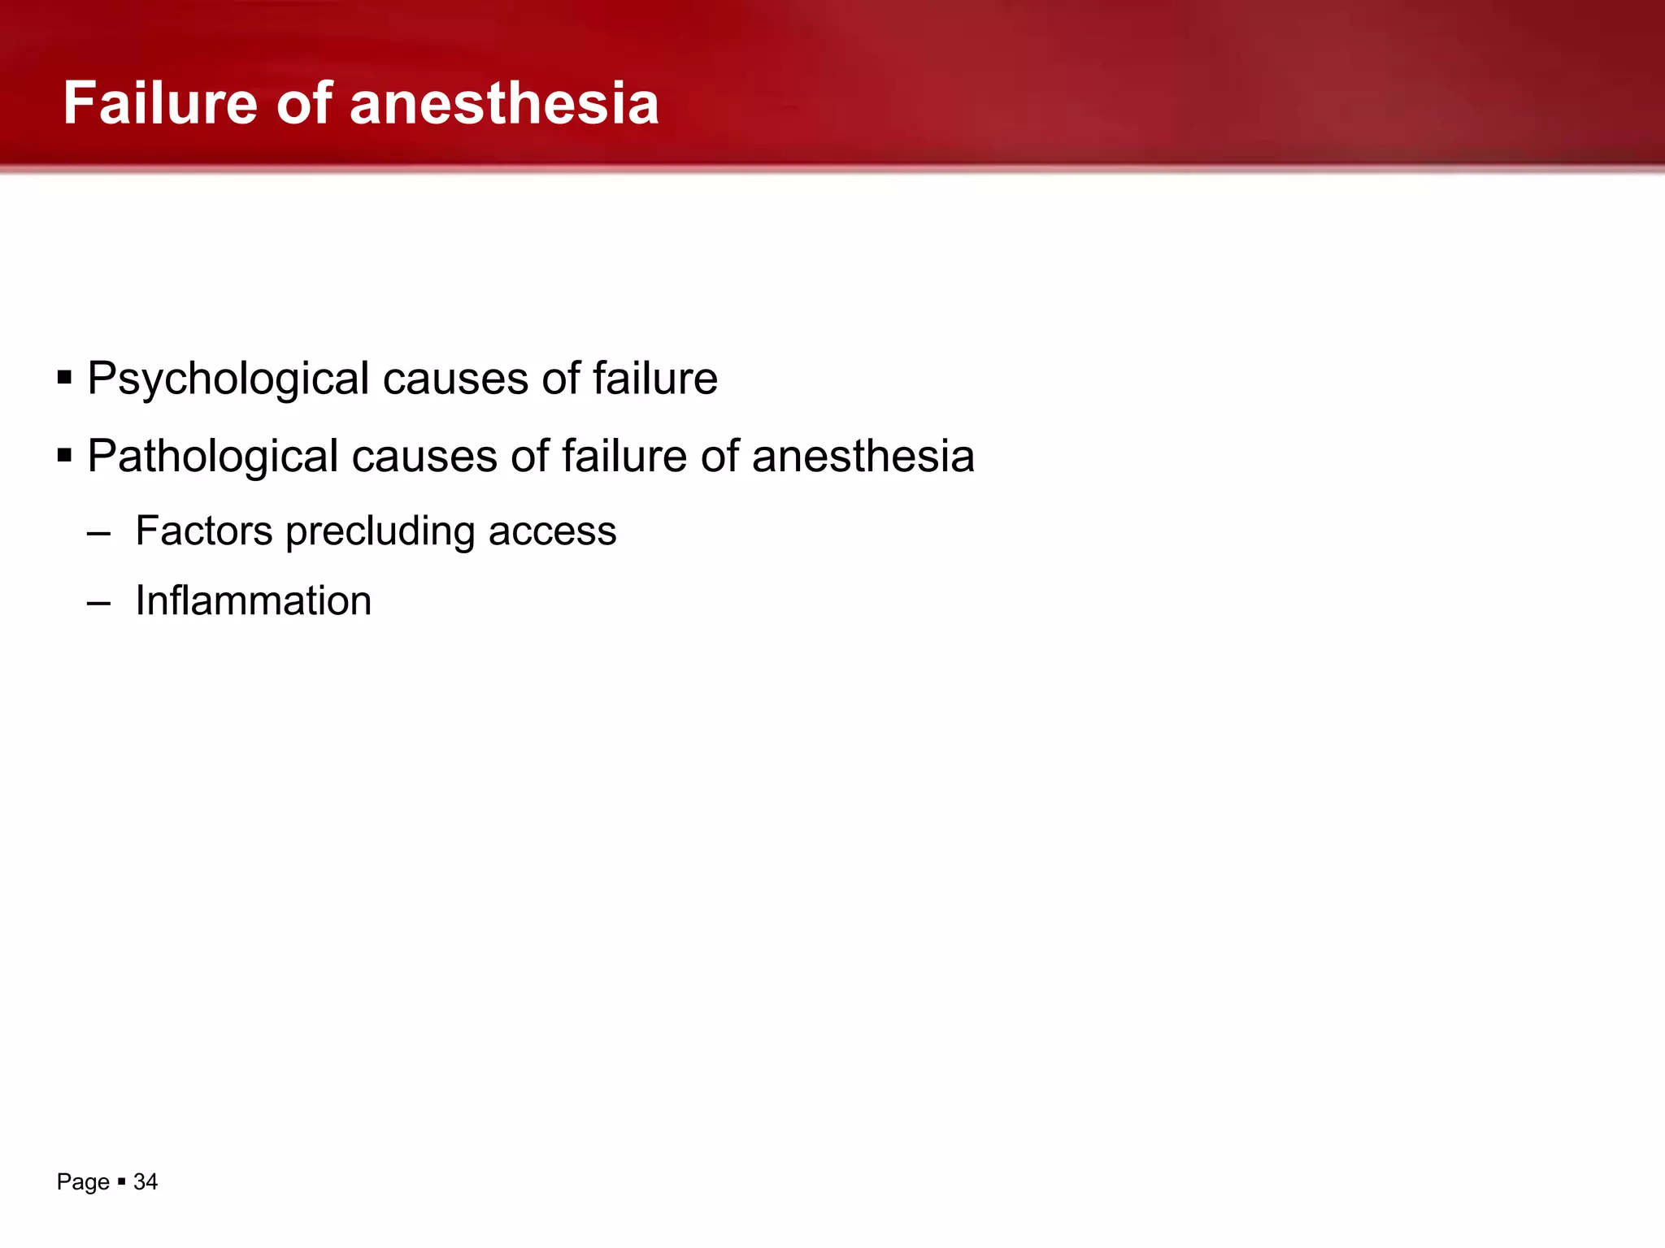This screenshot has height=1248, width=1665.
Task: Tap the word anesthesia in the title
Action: (504, 103)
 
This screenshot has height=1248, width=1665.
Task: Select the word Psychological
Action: (228, 379)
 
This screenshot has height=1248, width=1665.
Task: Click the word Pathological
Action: (212, 456)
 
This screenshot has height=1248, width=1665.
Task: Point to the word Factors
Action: (204, 531)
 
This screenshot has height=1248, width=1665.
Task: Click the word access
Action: (552, 531)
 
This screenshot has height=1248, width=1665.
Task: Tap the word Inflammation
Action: (253, 601)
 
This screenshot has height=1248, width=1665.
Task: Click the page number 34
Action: (146, 1181)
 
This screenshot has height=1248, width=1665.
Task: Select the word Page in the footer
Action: (83, 1181)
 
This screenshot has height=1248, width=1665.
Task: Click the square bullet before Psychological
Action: (65, 378)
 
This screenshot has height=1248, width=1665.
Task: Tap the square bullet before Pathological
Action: (65, 455)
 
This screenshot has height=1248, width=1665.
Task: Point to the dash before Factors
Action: (98, 534)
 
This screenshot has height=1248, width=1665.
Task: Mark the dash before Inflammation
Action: (98, 604)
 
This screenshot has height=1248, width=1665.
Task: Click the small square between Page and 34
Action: (121, 1181)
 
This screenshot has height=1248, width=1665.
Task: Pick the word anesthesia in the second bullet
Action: (863, 456)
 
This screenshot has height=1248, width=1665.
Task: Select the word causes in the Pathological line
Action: (424, 456)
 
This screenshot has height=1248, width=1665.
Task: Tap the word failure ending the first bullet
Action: (654, 379)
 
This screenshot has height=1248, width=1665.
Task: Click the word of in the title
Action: (304, 103)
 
